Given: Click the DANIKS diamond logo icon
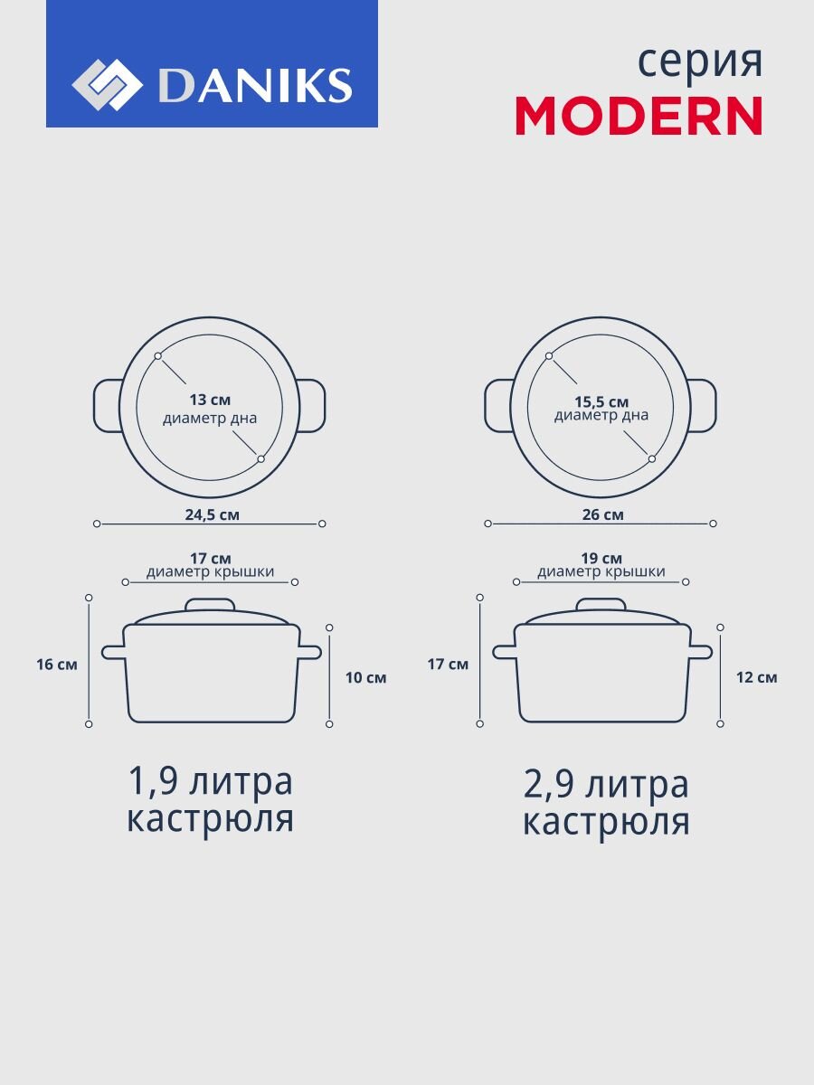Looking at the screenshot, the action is (107, 84).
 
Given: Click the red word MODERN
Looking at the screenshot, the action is (639, 116).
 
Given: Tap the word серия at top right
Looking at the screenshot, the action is (700, 62).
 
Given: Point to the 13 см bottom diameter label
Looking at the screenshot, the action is (210, 400).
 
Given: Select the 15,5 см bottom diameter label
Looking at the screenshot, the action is (601, 402).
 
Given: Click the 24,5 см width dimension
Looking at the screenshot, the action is (212, 515).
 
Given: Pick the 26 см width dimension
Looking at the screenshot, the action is (603, 515).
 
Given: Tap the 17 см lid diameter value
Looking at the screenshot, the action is (211, 559).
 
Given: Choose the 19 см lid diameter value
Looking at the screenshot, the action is (601, 559).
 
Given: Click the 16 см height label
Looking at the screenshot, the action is (57, 665).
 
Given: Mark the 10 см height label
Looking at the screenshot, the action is (365, 678).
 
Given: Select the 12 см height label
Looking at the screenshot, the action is (757, 678).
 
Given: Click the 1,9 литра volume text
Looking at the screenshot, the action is (210, 782).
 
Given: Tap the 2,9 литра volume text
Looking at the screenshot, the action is (605, 786).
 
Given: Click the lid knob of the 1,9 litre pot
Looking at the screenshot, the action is (210, 606).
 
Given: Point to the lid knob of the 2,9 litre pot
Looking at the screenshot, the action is (601, 606).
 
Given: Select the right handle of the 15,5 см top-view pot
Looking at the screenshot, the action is (703, 406).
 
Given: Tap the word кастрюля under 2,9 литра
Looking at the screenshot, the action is (606, 823).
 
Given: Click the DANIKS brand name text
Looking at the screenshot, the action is (255, 85).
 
